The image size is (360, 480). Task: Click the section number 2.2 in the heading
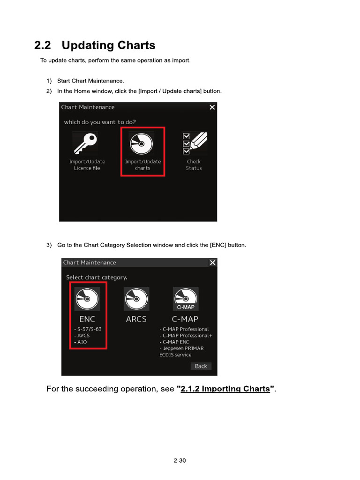(44, 45)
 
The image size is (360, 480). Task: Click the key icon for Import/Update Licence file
(85, 143)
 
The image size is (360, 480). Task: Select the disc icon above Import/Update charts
(141, 143)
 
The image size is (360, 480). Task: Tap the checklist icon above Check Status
(194, 143)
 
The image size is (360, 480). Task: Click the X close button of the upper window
(212, 107)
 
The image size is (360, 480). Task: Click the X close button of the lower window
(213, 262)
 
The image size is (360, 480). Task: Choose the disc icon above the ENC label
(87, 299)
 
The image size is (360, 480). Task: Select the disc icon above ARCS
(136, 299)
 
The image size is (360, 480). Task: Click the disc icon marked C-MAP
(186, 299)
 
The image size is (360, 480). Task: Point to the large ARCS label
(136, 319)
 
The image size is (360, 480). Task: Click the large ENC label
(87, 319)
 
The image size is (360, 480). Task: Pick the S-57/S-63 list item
(88, 329)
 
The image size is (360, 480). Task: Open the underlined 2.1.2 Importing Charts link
(225, 389)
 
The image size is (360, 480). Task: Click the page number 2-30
(180, 461)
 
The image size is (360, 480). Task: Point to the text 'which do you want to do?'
(100, 122)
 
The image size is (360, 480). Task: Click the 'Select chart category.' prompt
(97, 277)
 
